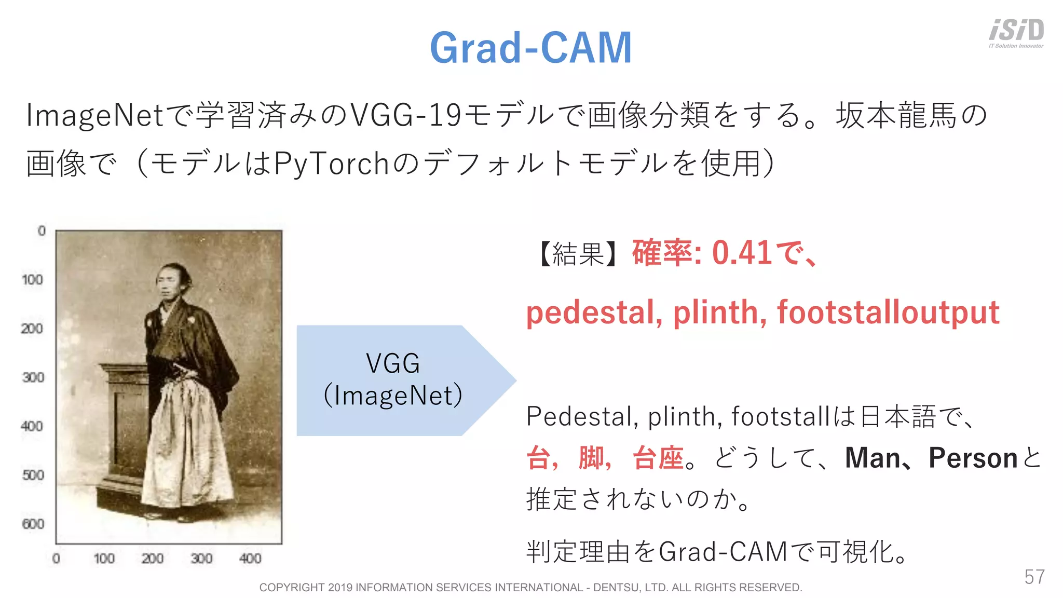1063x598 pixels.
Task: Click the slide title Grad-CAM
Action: pyautogui.click(x=531, y=48)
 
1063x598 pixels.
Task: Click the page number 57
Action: pyautogui.click(x=1034, y=577)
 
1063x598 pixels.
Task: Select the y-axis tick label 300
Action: pyautogui.click(x=33, y=377)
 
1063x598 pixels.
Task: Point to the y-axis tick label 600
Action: pyautogui.click(x=33, y=524)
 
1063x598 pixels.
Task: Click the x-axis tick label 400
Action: pyautogui.click(x=250, y=559)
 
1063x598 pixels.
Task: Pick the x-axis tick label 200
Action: pyautogui.click(x=152, y=559)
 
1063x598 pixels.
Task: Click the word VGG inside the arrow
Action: pyautogui.click(x=392, y=363)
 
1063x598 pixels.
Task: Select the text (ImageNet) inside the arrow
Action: pyautogui.click(x=392, y=396)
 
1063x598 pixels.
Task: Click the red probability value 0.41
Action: pyautogui.click(x=742, y=253)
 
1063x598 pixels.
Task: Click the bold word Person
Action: pyautogui.click(x=972, y=458)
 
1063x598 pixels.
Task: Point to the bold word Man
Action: pyautogui.click(x=872, y=458)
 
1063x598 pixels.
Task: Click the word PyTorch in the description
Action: pyautogui.click(x=331, y=164)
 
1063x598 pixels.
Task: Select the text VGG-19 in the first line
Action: pyautogui.click(x=406, y=115)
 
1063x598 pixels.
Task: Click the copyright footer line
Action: pyautogui.click(x=530, y=587)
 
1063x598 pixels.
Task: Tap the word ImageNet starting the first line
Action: pyautogui.click(x=95, y=115)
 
